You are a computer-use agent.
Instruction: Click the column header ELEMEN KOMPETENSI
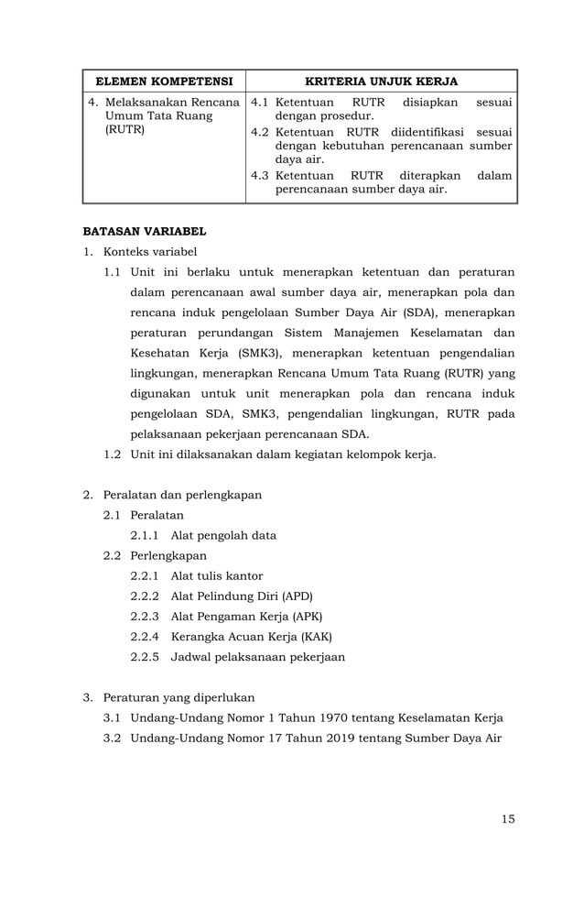pos(164,81)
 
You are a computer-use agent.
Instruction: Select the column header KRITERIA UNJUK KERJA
pos(382,81)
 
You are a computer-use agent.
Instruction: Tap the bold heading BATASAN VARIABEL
pos(145,231)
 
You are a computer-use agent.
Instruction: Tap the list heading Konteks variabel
pos(150,252)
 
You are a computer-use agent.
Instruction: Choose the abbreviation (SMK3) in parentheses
pos(238,353)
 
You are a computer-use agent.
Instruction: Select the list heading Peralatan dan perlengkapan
pos(182,495)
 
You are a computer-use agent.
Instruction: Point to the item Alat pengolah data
pos(223,535)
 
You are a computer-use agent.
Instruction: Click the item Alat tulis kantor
pos(217,575)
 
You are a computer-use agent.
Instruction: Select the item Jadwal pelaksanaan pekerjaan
pos(258,656)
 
